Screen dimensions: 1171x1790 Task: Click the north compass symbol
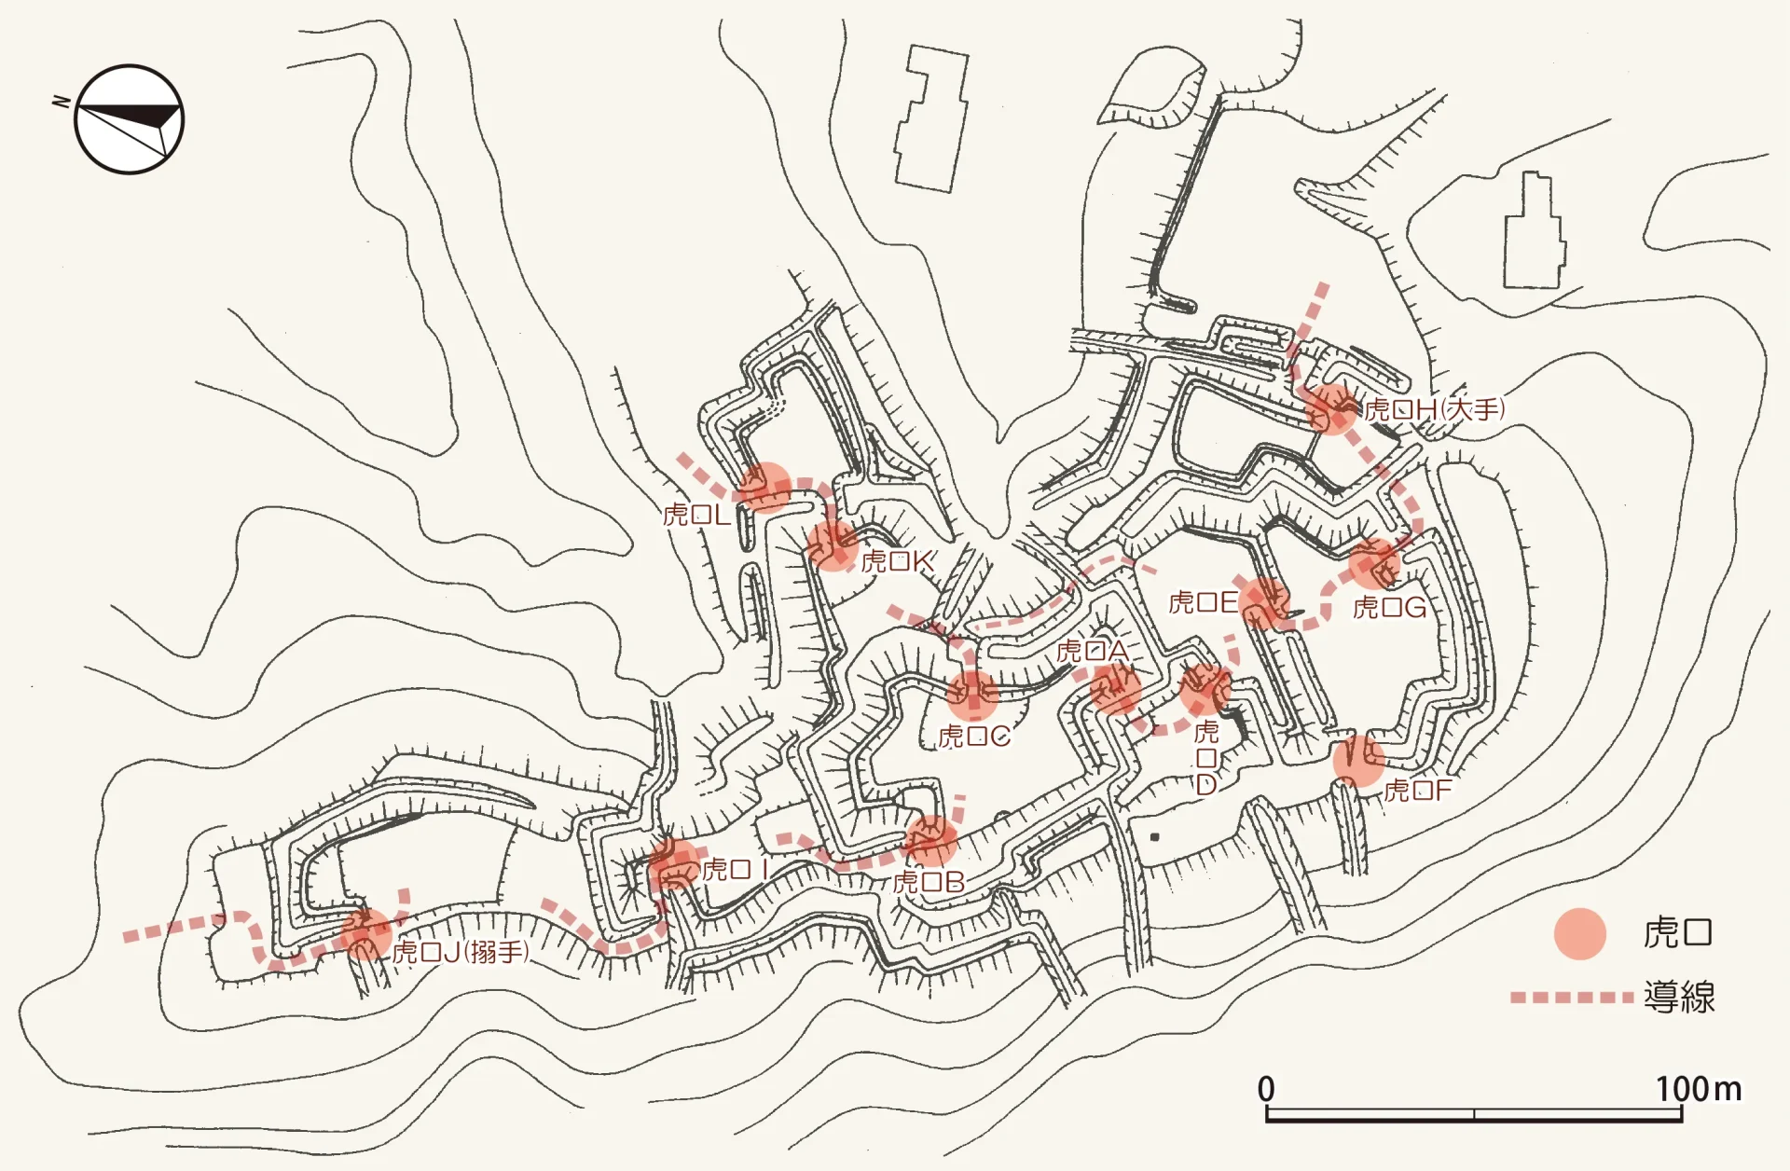click(x=129, y=118)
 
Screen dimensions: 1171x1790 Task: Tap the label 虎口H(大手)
click(x=1434, y=409)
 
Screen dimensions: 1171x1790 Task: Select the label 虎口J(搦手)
click(x=461, y=952)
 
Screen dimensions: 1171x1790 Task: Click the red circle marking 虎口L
click(x=765, y=488)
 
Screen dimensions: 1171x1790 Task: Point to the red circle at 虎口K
click(x=832, y=545)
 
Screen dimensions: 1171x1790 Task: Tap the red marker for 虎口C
click(x=972, y=695)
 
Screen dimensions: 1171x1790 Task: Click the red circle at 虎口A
click(x=1116, y=691)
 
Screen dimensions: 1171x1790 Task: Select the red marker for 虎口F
click(x=1358, y=761)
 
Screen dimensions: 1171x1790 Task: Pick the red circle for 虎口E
click(x=1264, y=602)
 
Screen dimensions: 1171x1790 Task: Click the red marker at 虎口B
click(x=931, y=841)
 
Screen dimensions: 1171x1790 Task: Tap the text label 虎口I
click(x=735, y=870)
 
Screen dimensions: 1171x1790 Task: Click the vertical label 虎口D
click(x=1205, y=758)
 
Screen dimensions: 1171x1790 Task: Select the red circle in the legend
click(x=1579, y=933)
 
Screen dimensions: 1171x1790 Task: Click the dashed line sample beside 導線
click(x=1572, y=998)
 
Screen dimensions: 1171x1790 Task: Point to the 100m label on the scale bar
click(x=1698, y=1089)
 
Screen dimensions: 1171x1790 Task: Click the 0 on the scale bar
click(x=1265, y=1089)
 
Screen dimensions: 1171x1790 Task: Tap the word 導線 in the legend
click(x=1678, y=998)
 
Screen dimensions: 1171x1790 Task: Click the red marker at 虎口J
click(x=365, y=934)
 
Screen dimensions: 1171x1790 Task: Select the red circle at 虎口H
click(x=1330, y=409)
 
